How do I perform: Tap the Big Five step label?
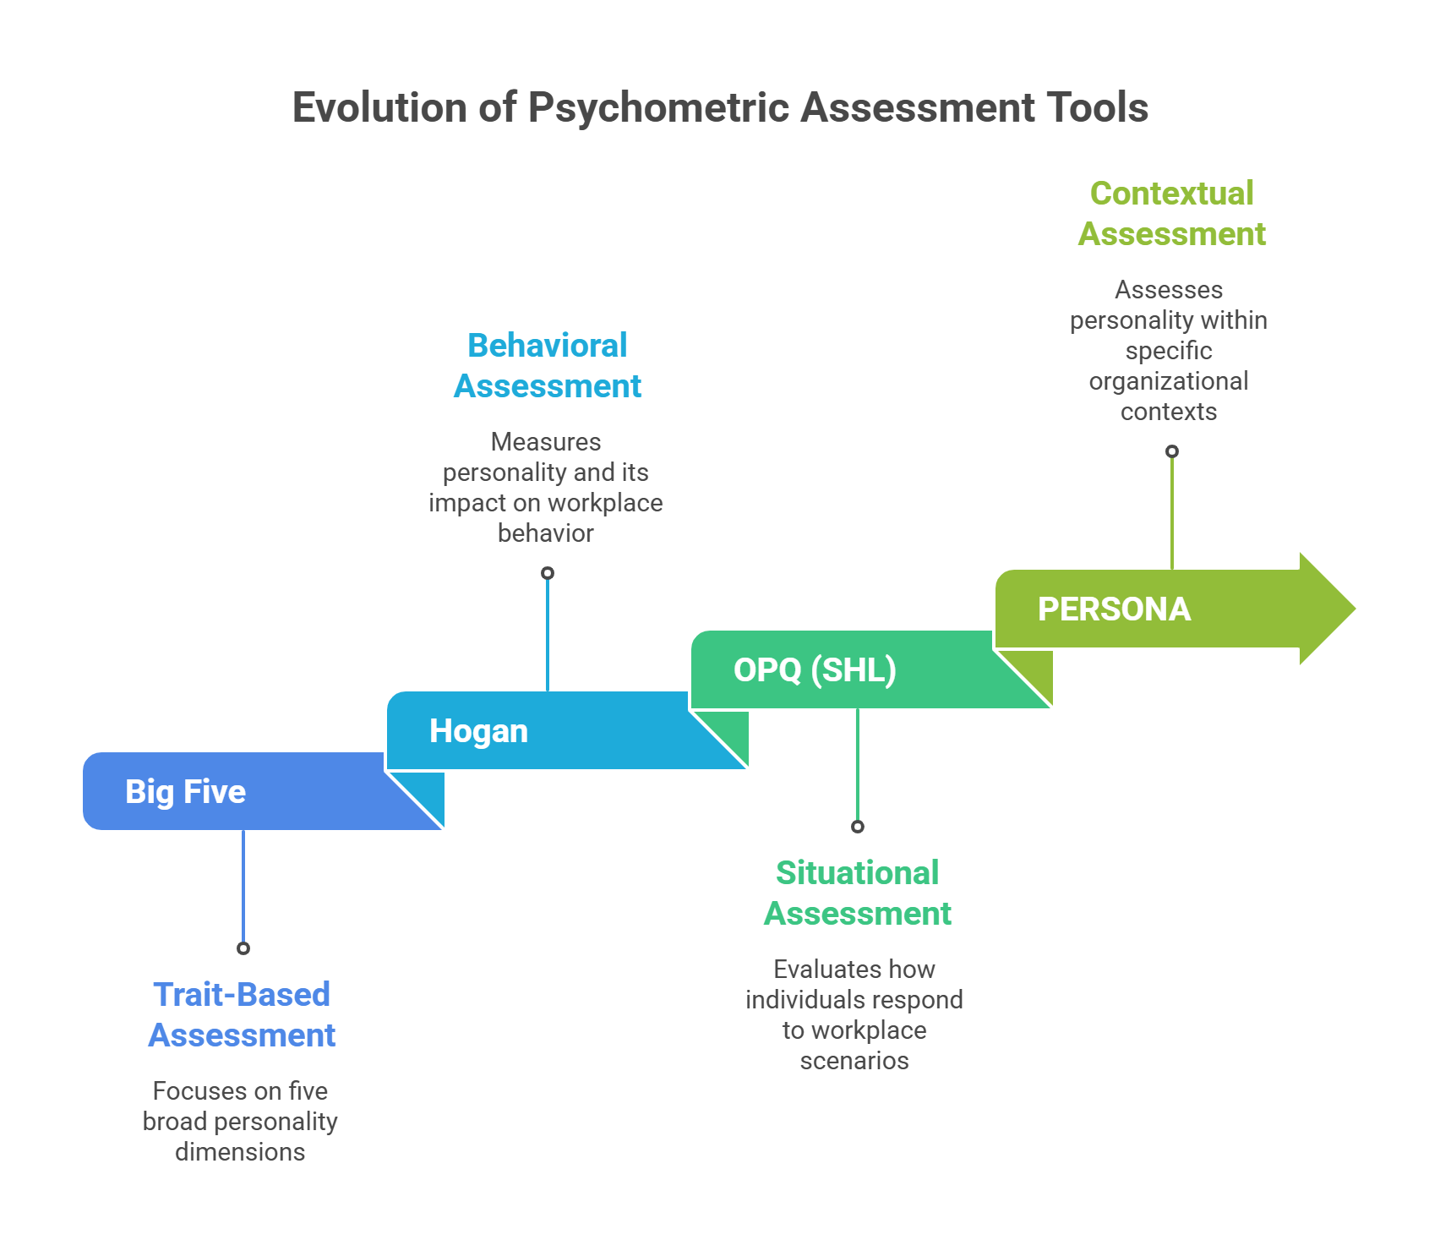[185, 792]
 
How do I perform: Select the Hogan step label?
[478, 731]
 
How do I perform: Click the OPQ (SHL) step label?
[815, 670]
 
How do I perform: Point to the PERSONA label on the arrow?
[1114, 609]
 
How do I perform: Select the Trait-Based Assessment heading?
[242, 1014]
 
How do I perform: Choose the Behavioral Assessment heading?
[548, 365]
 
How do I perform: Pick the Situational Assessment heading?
[857, 893]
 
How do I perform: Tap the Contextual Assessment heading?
[1171, 213]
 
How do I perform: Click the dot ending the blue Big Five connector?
[243, 948]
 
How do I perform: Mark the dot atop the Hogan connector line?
[548, 573]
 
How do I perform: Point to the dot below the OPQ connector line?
[858, 827]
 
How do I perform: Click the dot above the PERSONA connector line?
[1172, 451]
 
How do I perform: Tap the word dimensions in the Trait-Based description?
[240, 1152]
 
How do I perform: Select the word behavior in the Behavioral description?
[546, 533]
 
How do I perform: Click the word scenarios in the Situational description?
[854, 1061]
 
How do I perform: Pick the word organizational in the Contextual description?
[1169, 381]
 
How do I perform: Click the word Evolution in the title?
[379, 108]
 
